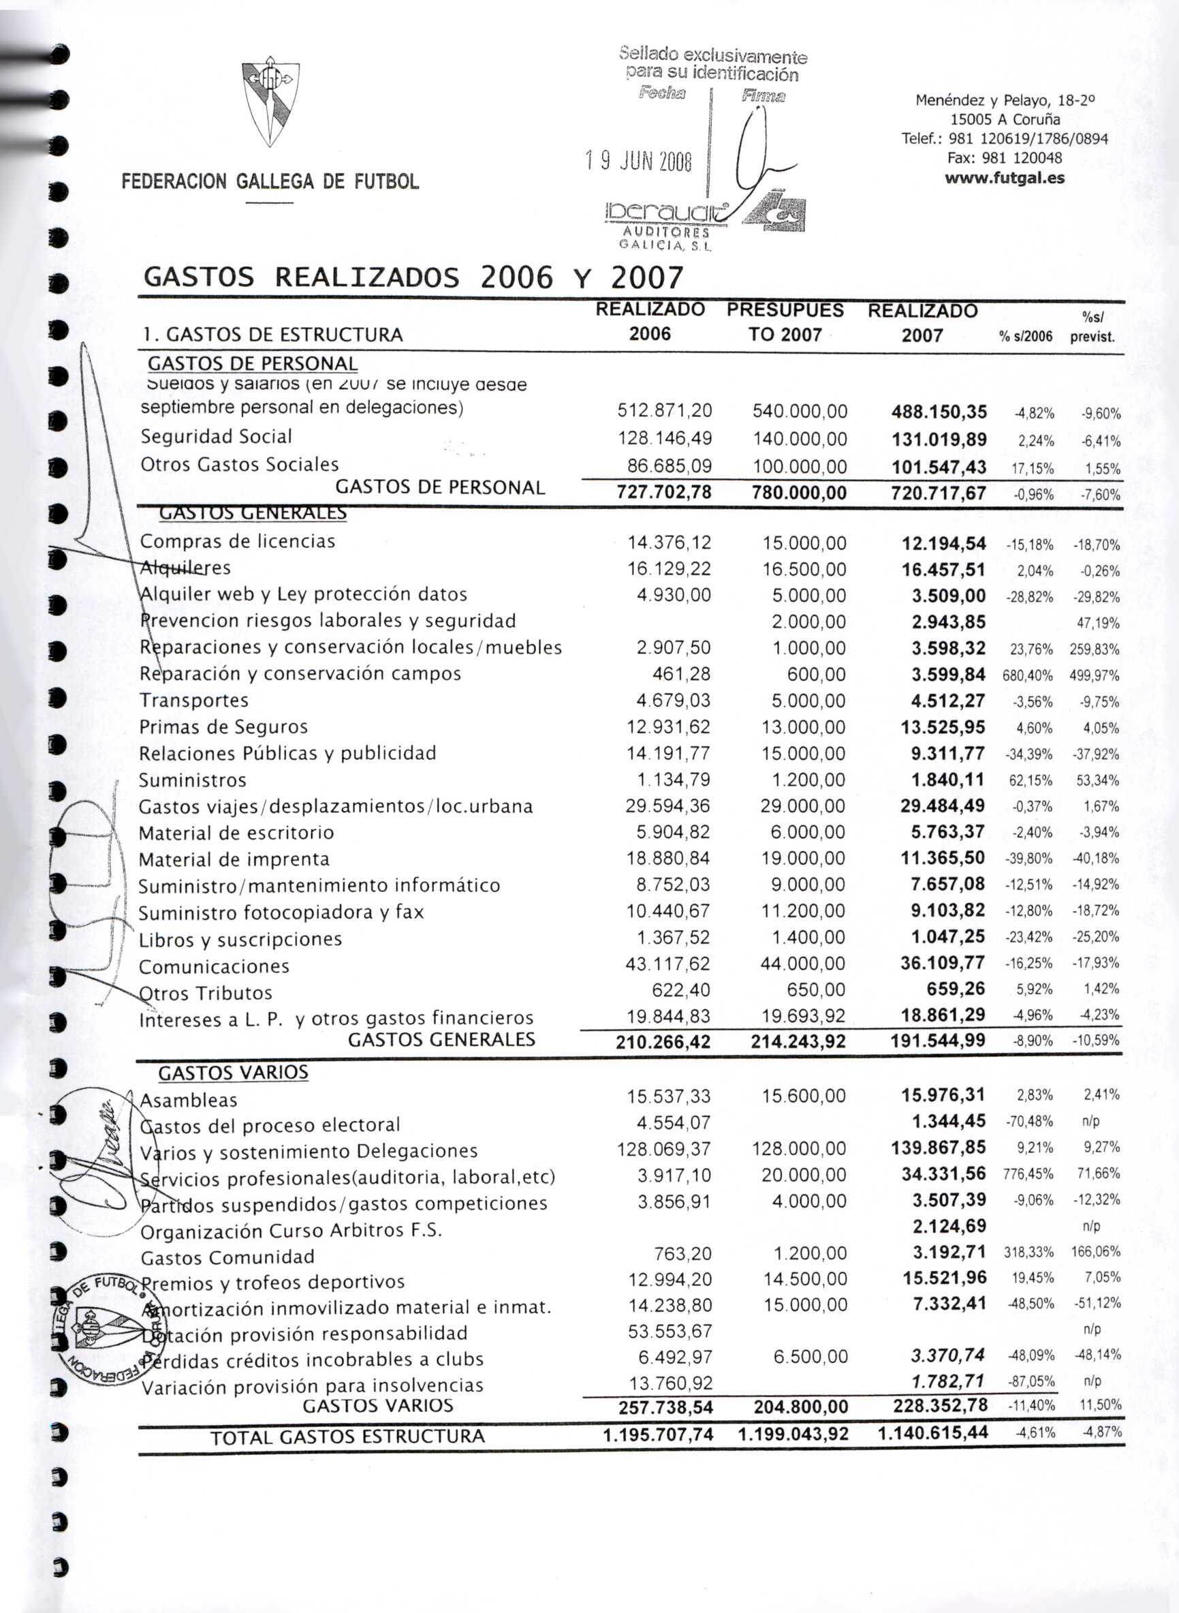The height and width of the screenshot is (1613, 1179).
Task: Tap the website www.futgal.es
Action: pyautogui.click(x=1004, y=178)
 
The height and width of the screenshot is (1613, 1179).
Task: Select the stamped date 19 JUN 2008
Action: pyautogui.click(x=638, y=163)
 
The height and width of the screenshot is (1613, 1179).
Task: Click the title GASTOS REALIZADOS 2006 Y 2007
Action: pyautogui.click(x=413, y=277)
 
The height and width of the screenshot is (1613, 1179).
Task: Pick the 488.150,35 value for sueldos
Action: pyautogui.click(x=939, y=412)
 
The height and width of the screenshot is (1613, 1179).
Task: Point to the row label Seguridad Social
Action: pyautogui.click(x=216, y=436)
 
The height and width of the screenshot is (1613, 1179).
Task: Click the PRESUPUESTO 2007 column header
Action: pyautogui.click(x=785, y=322)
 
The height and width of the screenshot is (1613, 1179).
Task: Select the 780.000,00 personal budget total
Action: pyautogui.click(x=800, y=493)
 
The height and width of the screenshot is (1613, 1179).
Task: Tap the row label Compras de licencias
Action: pyautogui.click(x=237, y=541)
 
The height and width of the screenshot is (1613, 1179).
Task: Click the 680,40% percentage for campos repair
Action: pyautogui.click(x=1028, y=675)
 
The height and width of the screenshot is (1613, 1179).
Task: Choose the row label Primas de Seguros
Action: pyautogui.click(x=223, y=727)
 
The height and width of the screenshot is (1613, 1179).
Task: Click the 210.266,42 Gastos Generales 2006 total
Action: pyautogui.click(x=663, y=1042)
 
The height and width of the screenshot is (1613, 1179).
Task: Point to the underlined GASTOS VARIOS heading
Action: pyautogui.click(x=234, y=1073)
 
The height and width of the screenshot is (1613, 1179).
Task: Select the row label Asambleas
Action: pyautogui.click(x=189, y=1101)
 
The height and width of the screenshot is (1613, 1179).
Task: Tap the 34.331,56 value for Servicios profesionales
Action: pyautogui.click(x=943, y=1173)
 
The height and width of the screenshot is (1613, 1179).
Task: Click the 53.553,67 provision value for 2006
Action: pyautogui.click(x=670, y=1331)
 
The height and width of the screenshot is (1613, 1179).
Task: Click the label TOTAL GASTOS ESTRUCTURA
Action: pyautogui.click(x=347, y=1436)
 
